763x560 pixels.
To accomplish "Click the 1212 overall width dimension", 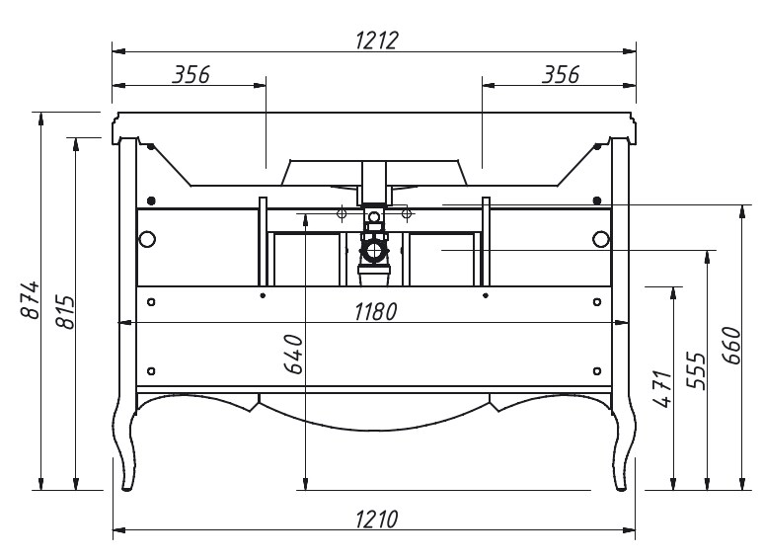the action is pyautogui.click(x=377, y=40).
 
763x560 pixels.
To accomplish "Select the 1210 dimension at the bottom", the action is pyautogui.click(x=377, y=520).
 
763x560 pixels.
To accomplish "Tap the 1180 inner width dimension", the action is pyautogui.click(x=376, y=312).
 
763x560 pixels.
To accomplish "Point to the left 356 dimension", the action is pyautogui.click(x=191, y=74).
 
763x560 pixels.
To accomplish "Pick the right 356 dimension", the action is pyautogui.click(x=561, y=74).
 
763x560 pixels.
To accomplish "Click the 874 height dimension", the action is pyautogui.click(x=31, y=299).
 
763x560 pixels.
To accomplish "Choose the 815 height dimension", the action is pyautogui.click(x=65, y=312).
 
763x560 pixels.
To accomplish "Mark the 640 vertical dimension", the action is pyautogui.click(x=293, y=354).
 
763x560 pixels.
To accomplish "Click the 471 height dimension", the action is pyautogui.click(x=662, y=388).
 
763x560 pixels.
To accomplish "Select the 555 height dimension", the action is pyautogui.click(x=696, y=370).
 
